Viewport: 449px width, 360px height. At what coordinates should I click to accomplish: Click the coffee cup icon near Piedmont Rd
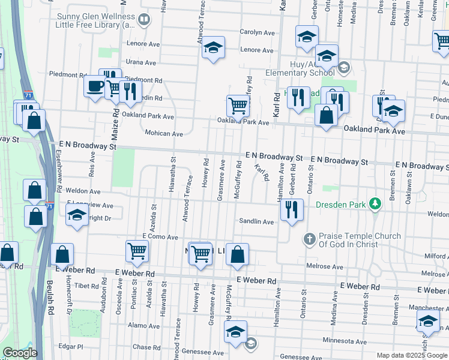point(94,86)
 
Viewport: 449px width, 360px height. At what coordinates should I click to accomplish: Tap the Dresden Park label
point(340,205)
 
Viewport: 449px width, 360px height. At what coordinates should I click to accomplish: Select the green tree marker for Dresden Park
point(375,205)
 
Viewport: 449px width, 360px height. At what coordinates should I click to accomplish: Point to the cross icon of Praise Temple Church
point(309,240)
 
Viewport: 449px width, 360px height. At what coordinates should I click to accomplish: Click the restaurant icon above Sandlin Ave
point(292,209)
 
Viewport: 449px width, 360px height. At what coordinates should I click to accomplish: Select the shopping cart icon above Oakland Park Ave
point(238,106)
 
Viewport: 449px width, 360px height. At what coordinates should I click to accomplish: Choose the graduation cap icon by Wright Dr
point(76,216)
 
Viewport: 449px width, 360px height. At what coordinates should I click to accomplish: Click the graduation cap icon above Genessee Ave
point(235,331)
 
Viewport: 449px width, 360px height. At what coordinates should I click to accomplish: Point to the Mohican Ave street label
point(163,133)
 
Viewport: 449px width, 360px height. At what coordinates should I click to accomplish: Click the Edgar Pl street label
point(71,347)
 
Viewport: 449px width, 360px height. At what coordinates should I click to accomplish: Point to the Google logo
point(20,353)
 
